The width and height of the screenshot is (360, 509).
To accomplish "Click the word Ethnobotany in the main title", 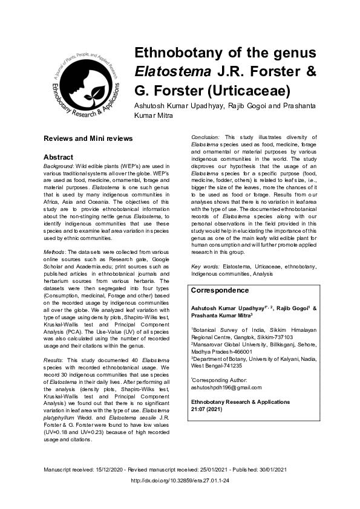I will pyautogui.click(x=184, y=53).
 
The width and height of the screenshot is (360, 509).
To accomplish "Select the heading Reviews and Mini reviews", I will pyautogui.click(x=88, y=138).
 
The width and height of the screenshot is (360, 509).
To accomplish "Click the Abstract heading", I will pyautogui.click(x=59, y=157).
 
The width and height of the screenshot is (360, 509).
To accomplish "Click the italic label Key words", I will pyautogui.click(x=204, y=266).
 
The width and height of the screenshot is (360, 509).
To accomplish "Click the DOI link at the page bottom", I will pyautogui.click(x=180, y=481).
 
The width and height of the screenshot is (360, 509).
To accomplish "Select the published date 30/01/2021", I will pyautogui.click(x=273, y=470).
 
